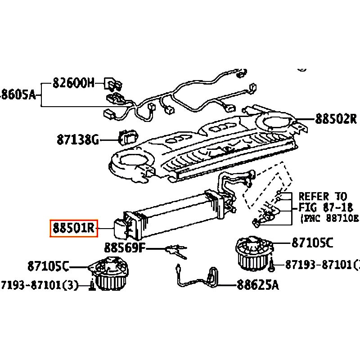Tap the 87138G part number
pos(77,140)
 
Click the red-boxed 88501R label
pos(73,229)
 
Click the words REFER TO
pos(323,197)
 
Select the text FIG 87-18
pos(324,207)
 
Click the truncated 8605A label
pos(18,94)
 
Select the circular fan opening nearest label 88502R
pos(276,121)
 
